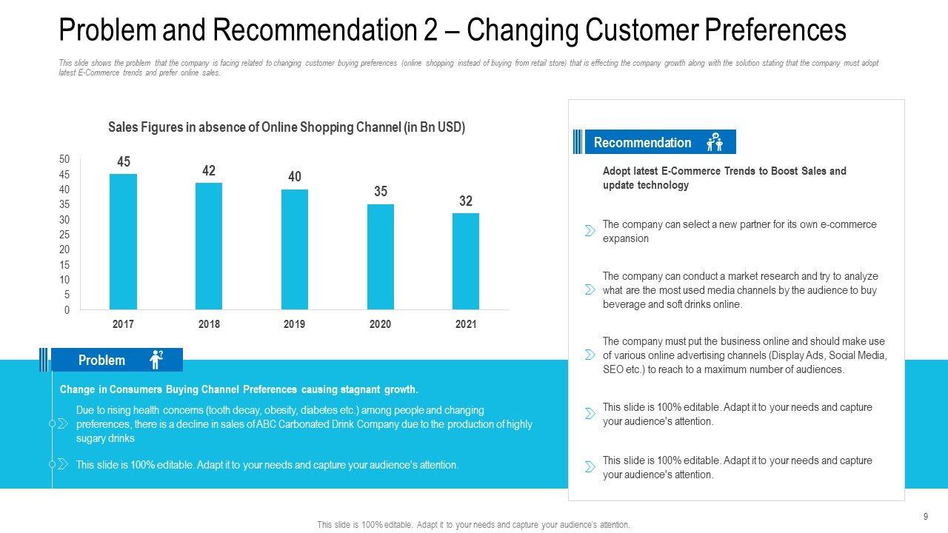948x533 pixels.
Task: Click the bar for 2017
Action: point(123,241)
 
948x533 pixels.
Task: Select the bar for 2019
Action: point(295,249)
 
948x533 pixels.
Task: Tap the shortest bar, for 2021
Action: point(466,261)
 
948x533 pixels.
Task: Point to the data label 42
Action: point(209,171)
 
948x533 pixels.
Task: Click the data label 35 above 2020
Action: point(381,192)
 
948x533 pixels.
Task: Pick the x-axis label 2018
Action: point(209,324)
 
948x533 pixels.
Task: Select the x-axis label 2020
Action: point(381,324)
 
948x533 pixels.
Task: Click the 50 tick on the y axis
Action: point(64,159)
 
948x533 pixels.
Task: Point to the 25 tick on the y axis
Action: point(64,235)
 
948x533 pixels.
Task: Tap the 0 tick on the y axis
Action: point(67,310)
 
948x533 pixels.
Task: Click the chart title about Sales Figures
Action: point(287,127)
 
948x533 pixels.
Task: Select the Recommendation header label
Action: point(642,142)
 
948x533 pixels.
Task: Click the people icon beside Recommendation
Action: point(715,142)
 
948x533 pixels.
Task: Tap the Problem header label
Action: point(101,361)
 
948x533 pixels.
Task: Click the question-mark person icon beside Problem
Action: point(156,360)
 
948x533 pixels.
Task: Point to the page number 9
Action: point(926,516)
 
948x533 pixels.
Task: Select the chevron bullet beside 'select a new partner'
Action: point(590,231)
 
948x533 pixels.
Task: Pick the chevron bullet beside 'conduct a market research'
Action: point(590,289)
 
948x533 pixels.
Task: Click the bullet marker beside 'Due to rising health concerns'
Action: point(62,423)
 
